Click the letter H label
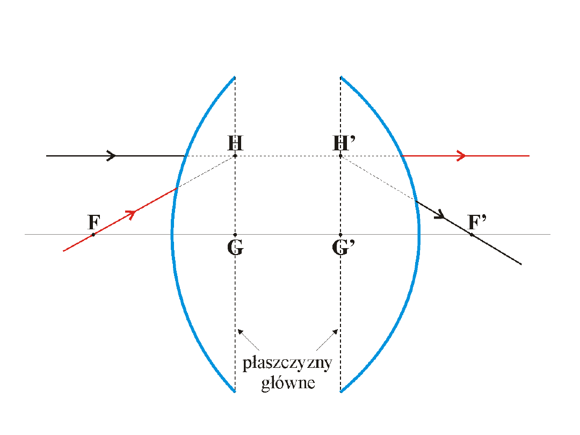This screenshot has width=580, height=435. [x=235, y=143]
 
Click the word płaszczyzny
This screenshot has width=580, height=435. [x=287, y=364]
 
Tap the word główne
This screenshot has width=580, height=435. [x=287, y=383]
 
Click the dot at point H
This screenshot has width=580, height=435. [x=235, y=156]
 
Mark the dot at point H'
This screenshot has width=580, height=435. [x=340, y=156]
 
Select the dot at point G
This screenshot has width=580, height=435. [x=235, y=235]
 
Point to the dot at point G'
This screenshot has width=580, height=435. [x=340, y=235]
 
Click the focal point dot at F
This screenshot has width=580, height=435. [x=93, y=235]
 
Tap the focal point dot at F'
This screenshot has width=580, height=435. [x=471, y=235]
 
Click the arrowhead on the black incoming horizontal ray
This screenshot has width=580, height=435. [x=112, y=156]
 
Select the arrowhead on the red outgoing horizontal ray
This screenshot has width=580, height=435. [x=461, y=156]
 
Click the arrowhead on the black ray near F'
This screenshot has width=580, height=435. [x=440, y=215]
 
